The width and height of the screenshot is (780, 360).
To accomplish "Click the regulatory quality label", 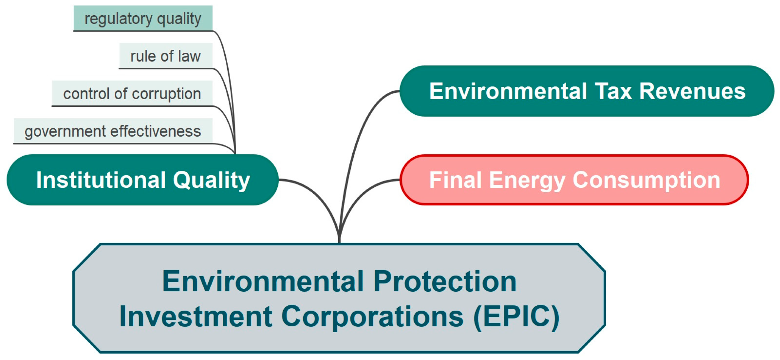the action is tap(143, 19).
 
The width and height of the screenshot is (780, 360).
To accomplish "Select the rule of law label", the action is tap(166, 56).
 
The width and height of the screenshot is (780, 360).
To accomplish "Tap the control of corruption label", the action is tap(132, 94).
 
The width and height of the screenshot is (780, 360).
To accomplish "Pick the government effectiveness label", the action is tap(113, 131).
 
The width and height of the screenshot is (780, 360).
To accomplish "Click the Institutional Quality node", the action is tap(143, 180).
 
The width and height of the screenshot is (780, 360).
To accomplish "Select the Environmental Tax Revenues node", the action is tap(587, 91).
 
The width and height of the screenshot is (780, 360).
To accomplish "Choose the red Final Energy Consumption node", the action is tap(574, 180).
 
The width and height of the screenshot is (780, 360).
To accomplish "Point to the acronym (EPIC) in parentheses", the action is tap(516, 317).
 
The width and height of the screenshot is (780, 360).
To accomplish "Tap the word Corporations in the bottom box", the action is tap(372, 317).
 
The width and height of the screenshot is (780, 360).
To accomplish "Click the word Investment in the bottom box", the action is tap(196, 317).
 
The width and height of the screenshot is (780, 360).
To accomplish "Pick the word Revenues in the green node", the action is tap(692, 91).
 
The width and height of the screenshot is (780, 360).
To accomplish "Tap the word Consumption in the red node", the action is tap(646, 180).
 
